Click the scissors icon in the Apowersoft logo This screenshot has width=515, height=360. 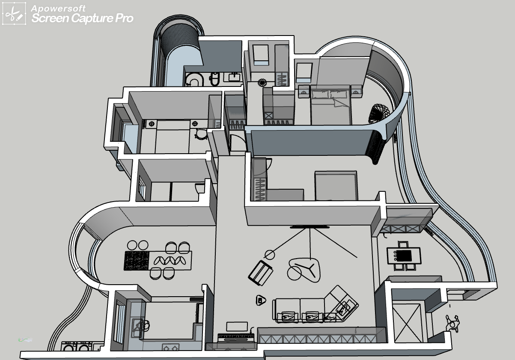tap(14, 15)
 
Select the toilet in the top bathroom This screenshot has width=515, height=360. tap(195, 80)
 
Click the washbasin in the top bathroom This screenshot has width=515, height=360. tap(235, 77)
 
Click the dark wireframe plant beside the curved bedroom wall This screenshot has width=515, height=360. tap(379, 113)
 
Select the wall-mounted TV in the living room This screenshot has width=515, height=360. tap(310, 227)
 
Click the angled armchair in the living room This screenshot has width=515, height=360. tap(261, 272)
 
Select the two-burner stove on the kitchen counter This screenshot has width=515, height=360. tap(170, 347)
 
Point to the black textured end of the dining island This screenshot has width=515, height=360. tap(137, 260)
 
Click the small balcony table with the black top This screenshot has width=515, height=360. tap(404, 256)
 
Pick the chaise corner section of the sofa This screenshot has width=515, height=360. tap(341, 303)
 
